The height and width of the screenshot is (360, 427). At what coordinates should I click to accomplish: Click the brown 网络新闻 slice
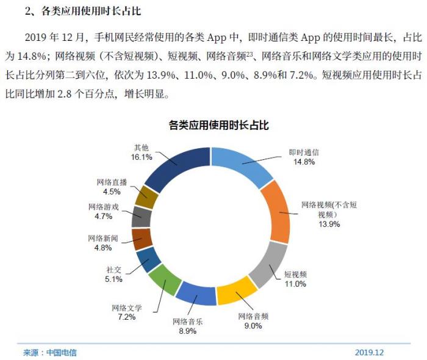point(142,239)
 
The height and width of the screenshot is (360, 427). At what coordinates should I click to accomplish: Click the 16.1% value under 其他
point(142,157)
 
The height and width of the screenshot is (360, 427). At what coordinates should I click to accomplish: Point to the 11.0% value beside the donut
point(295,284)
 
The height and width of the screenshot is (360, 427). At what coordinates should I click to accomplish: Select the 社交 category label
point(114,269)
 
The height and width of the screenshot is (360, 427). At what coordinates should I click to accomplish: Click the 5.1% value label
point(113,279)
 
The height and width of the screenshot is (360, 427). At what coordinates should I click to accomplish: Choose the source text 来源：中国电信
point(50,353)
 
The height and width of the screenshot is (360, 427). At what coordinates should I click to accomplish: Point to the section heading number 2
point(28,11)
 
